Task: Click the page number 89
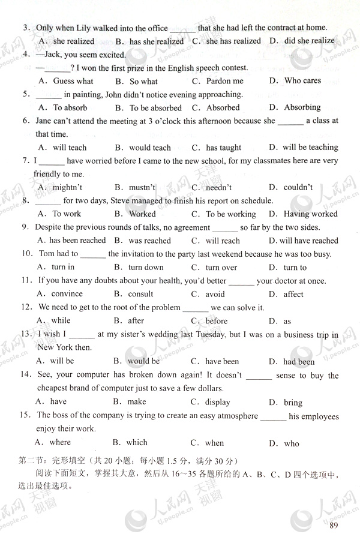[x=334, y=526]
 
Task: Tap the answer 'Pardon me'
[x=224, y=81]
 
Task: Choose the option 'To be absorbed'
[x=155, y=108]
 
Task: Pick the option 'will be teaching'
[x=310, y=147]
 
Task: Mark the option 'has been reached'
[x=77, y=241]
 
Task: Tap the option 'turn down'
[x=145, y=268]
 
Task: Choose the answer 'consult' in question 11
[x=140, y=294]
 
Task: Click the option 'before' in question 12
[x=216, y=321]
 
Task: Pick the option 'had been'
[x=298, y=362]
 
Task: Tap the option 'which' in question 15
[x=136, y=443]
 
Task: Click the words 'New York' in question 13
[x=55, y=347]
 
